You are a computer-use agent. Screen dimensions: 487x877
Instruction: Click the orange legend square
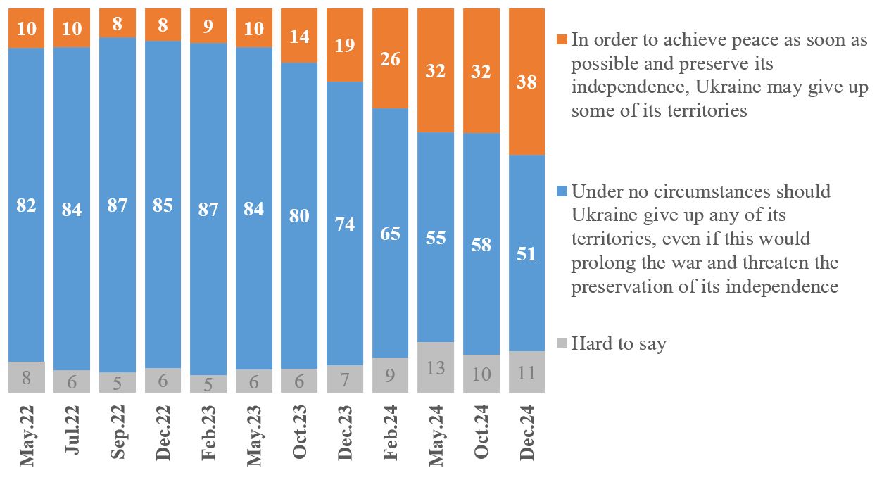point(561,39)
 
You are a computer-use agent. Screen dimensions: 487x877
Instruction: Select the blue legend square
point(561,191)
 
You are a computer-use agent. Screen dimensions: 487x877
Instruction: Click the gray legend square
point(561,344)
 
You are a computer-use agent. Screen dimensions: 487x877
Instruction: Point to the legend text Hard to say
point(619,344)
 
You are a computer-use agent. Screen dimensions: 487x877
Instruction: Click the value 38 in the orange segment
point(526,82)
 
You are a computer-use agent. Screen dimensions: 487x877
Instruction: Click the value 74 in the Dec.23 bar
point(345,224)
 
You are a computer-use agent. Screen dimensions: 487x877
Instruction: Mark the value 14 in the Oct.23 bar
point(300,37)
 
